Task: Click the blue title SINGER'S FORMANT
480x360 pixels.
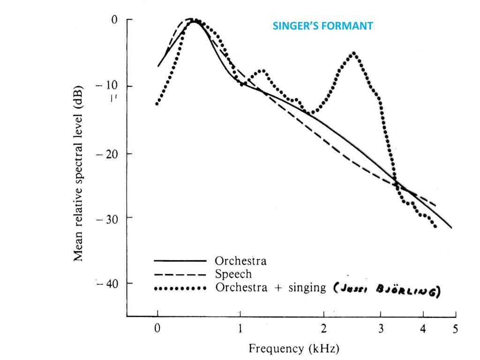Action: [x=323, y=26]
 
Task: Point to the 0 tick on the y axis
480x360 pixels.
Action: [x=114, y=20]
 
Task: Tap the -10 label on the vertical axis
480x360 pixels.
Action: [x=108, y=86]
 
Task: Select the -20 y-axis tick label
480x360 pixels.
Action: [x=108, y=154]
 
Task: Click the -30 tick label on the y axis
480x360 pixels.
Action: [x=108, y=218]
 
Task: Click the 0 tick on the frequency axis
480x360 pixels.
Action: [x=158, y=329]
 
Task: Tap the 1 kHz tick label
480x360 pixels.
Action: [x=240, y=329]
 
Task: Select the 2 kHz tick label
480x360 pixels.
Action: [x=324, y=329]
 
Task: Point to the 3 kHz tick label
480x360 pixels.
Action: [x=381, y=329]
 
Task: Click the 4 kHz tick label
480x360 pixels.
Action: [x=423, y=329]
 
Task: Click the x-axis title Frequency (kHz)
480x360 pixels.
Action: [x=294, y=349]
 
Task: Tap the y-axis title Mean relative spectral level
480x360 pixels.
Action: [x=78, y=173]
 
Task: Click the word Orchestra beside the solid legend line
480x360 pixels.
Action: [x=240, y=261]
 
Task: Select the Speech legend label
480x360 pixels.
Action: [x=233, y=274]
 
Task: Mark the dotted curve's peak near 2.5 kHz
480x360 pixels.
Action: [x=354, y=53]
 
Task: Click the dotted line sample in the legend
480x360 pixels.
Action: [x=180, y=288]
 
